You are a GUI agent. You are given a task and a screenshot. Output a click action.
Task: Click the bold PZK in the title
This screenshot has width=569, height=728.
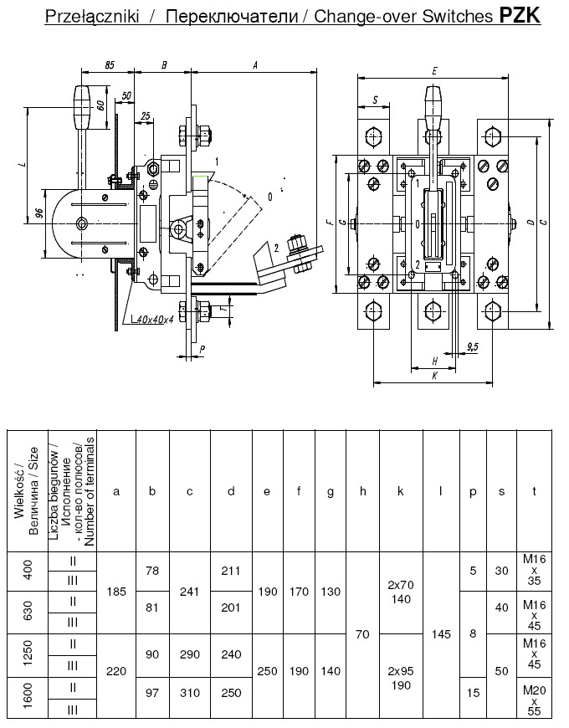point(520,15)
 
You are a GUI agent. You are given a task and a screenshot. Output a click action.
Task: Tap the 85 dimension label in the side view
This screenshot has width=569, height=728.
point(109,65)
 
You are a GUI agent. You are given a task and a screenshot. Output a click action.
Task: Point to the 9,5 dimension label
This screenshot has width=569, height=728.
point(473,346)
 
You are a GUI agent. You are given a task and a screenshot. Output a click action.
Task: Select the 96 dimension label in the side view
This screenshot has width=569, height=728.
point(39,213)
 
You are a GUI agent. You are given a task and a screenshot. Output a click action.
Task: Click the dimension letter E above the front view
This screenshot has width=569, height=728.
point(434,71)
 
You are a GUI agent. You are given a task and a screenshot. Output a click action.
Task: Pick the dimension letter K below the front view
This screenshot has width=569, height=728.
point(435,376)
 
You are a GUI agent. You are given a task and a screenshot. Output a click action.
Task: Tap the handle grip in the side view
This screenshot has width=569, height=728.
point(82,107)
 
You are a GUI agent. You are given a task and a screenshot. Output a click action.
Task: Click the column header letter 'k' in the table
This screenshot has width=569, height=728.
point(401,491)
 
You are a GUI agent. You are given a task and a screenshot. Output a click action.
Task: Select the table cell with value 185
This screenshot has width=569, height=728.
point(116,592)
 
